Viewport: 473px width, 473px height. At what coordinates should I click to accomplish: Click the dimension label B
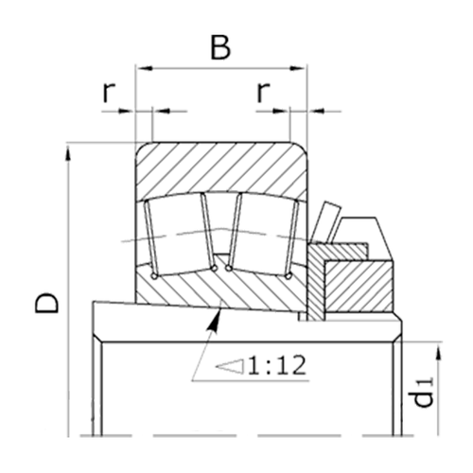(x=219, y=47)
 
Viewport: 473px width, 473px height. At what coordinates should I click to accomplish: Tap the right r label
(x=263, y=92)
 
